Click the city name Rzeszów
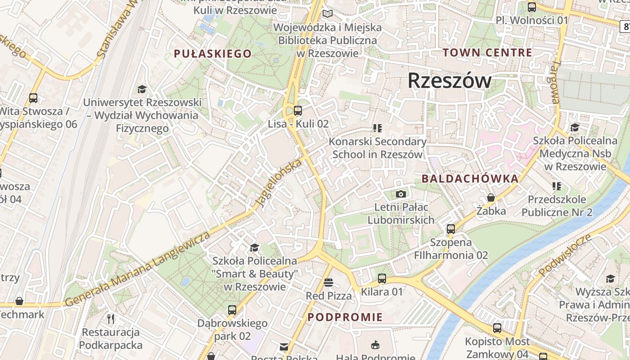point(450,81)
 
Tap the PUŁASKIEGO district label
point(213,54)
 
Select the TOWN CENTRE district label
point(487,53)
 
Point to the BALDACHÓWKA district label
point(470,179)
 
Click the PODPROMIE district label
point(345,317)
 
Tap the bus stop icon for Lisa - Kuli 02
point(297,111)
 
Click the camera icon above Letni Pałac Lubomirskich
point(400,194)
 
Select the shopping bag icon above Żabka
point(491,198)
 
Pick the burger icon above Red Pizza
point(328,283)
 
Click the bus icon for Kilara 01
point(382,279)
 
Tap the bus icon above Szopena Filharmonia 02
point(451,229)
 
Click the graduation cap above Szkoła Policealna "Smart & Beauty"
point(254,248)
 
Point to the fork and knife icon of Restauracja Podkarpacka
point(111,319)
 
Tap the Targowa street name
point(553,82)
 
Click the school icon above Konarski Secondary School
point(377,129)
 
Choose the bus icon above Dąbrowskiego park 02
point(232,310)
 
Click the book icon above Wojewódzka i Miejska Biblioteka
point(328,14)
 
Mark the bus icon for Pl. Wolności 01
point(531,7)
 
